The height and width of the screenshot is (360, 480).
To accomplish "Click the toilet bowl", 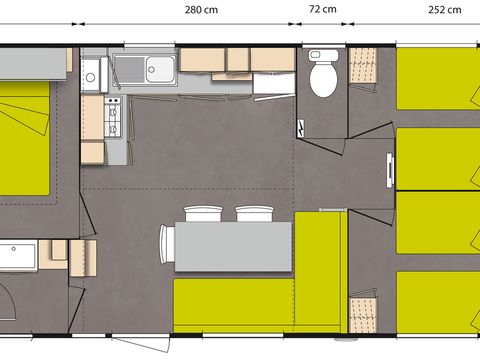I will tap(322, 78).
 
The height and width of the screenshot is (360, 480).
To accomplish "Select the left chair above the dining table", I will tap(201, 214).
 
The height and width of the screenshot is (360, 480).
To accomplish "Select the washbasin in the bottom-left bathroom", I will tap(19, 256).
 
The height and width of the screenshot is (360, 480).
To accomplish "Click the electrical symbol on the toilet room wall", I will tap(303, 130).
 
